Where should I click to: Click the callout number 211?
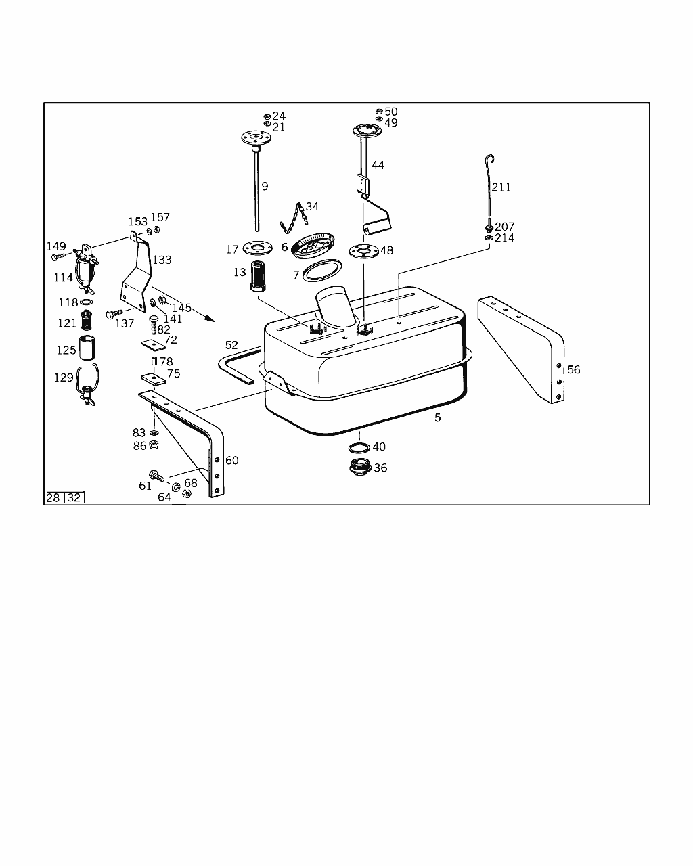(501, 187)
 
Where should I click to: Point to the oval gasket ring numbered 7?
(322, 271)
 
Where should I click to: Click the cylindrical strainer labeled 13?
(258, 277)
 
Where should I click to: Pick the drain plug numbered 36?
(359, 468)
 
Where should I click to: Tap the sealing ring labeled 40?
(359, 447)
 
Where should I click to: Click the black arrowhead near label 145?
(209, 319)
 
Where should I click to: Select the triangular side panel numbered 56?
(522, 350)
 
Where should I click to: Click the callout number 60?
(232, 460)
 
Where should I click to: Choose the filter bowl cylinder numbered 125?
(87, 348)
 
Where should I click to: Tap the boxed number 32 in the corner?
(74, 498)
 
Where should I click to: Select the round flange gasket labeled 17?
(258, 248)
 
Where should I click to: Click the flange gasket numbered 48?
(364, 252)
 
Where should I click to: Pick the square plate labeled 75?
(154, 379)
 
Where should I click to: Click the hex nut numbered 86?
(154, 445)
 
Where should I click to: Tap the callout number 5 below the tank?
(438, 417)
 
